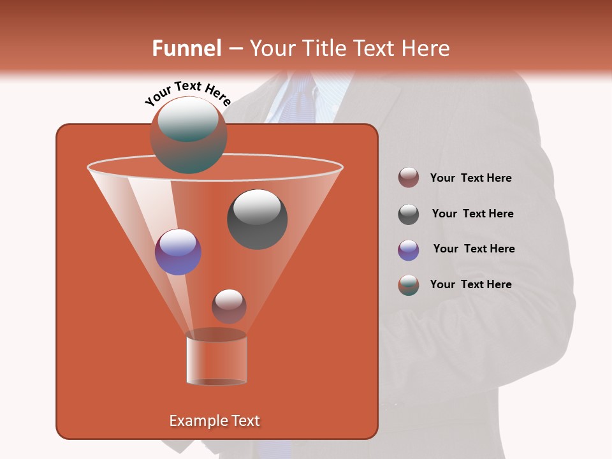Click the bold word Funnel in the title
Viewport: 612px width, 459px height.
coord(186,48)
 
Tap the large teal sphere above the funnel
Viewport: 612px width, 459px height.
coord(188,135)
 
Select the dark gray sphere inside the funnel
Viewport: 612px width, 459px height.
coord(258,219)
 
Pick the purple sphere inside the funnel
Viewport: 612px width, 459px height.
coord(178,252)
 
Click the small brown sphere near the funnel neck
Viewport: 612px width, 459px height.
coord(229,306)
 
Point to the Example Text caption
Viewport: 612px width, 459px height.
coord(215,421)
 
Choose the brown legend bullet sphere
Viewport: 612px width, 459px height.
coord(409,178)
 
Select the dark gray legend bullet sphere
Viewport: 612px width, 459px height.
coord(409,214)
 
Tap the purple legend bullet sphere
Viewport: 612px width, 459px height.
coord(409,250)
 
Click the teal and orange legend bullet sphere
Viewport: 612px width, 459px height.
coord(409,285)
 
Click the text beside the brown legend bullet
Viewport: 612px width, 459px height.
coord(470,178)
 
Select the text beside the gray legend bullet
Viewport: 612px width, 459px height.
coord(472,214)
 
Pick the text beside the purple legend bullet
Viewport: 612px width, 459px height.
coord(474,249)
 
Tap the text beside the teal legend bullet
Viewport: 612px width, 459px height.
coord(470,284)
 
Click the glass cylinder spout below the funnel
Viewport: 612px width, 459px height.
coord(217,360)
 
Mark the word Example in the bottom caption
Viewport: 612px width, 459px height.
coord(194,421)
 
